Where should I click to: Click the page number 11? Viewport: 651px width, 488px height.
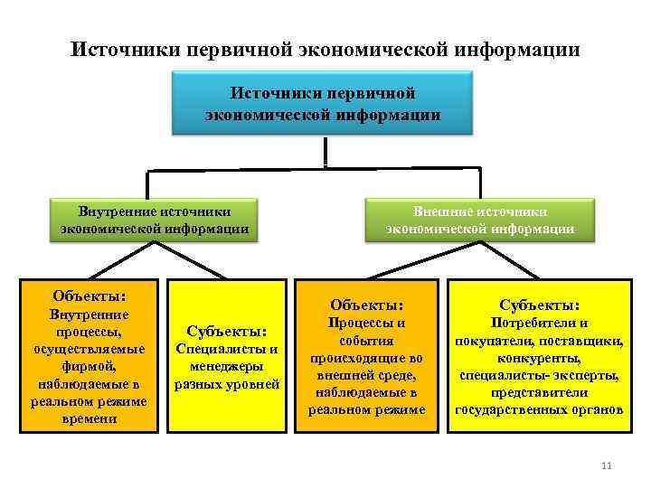click(606, 465)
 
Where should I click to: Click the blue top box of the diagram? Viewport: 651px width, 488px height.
click(323, 104)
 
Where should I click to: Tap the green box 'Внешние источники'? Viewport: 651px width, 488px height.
click(480, 220)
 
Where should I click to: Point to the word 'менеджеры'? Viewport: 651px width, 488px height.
click(227, 366)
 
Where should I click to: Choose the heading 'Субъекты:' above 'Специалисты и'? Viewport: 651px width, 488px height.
click(227, 331)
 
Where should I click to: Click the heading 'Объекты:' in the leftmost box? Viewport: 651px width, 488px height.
click(88, 296)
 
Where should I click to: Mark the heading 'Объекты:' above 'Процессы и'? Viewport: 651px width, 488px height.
click(366, 305)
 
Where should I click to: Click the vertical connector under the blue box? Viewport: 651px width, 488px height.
click(325, 151)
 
